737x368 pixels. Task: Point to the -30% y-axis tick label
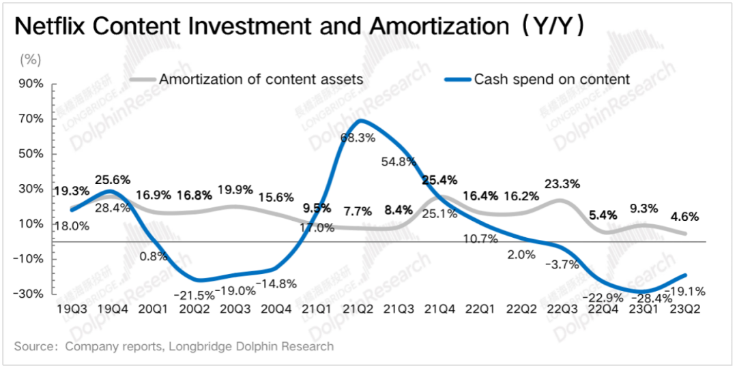click(x=30, y=294)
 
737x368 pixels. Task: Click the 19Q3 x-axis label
click(x=72, y=309)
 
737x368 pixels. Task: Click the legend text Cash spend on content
click(x=551, y=80)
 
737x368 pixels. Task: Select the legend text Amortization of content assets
click(x=261, y=80)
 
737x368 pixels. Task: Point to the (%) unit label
click(x=31, y=59)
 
